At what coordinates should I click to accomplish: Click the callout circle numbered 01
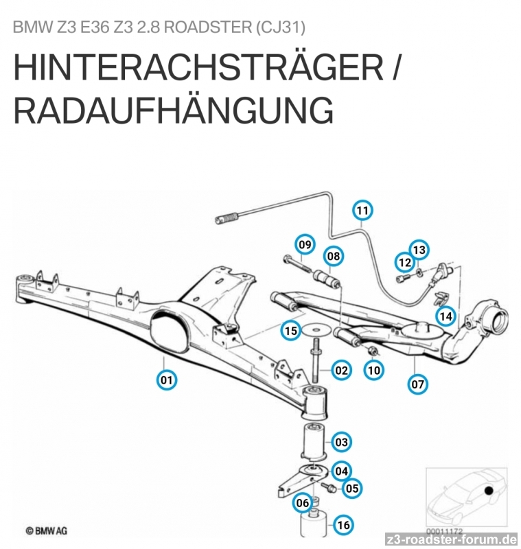coord(167,379)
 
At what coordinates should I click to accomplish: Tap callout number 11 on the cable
coord(362,211)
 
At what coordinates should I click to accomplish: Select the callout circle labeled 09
coord(305,244)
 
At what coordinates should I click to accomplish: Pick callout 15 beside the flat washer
coord(291,331)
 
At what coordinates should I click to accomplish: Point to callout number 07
coord(418,384)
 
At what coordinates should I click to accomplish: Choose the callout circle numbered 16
coord(343,525)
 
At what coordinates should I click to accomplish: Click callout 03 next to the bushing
coord(341,442)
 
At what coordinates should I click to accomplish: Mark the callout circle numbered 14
coord(445,316)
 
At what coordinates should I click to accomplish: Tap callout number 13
coord(419,250)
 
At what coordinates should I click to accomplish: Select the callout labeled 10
coord(374,370)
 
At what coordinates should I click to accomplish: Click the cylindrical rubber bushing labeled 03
coord(314,441)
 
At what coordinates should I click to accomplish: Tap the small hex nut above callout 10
coord(372,350)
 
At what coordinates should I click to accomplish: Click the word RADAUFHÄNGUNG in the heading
coord(173,110)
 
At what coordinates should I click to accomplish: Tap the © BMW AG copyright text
coord(46,530)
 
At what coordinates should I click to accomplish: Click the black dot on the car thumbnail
coord(489,491)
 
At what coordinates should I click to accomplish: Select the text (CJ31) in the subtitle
coord(281,27)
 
